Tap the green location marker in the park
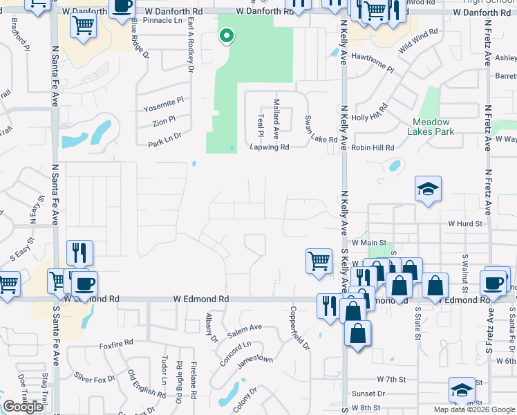[x=226, y=35]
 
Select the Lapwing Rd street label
[x=270, y=147]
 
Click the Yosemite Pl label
[x=163, y=100]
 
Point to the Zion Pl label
[x=164, y=122]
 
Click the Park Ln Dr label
[x=164, y=140]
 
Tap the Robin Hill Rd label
[x=373, y=148]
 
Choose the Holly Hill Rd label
[x=370, y=112]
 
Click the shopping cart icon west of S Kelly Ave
[x=319, y=261]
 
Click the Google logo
[x=23, y=407]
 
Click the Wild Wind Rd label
[x=418, y=41]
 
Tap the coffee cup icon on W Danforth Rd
[x=122, y=6]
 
